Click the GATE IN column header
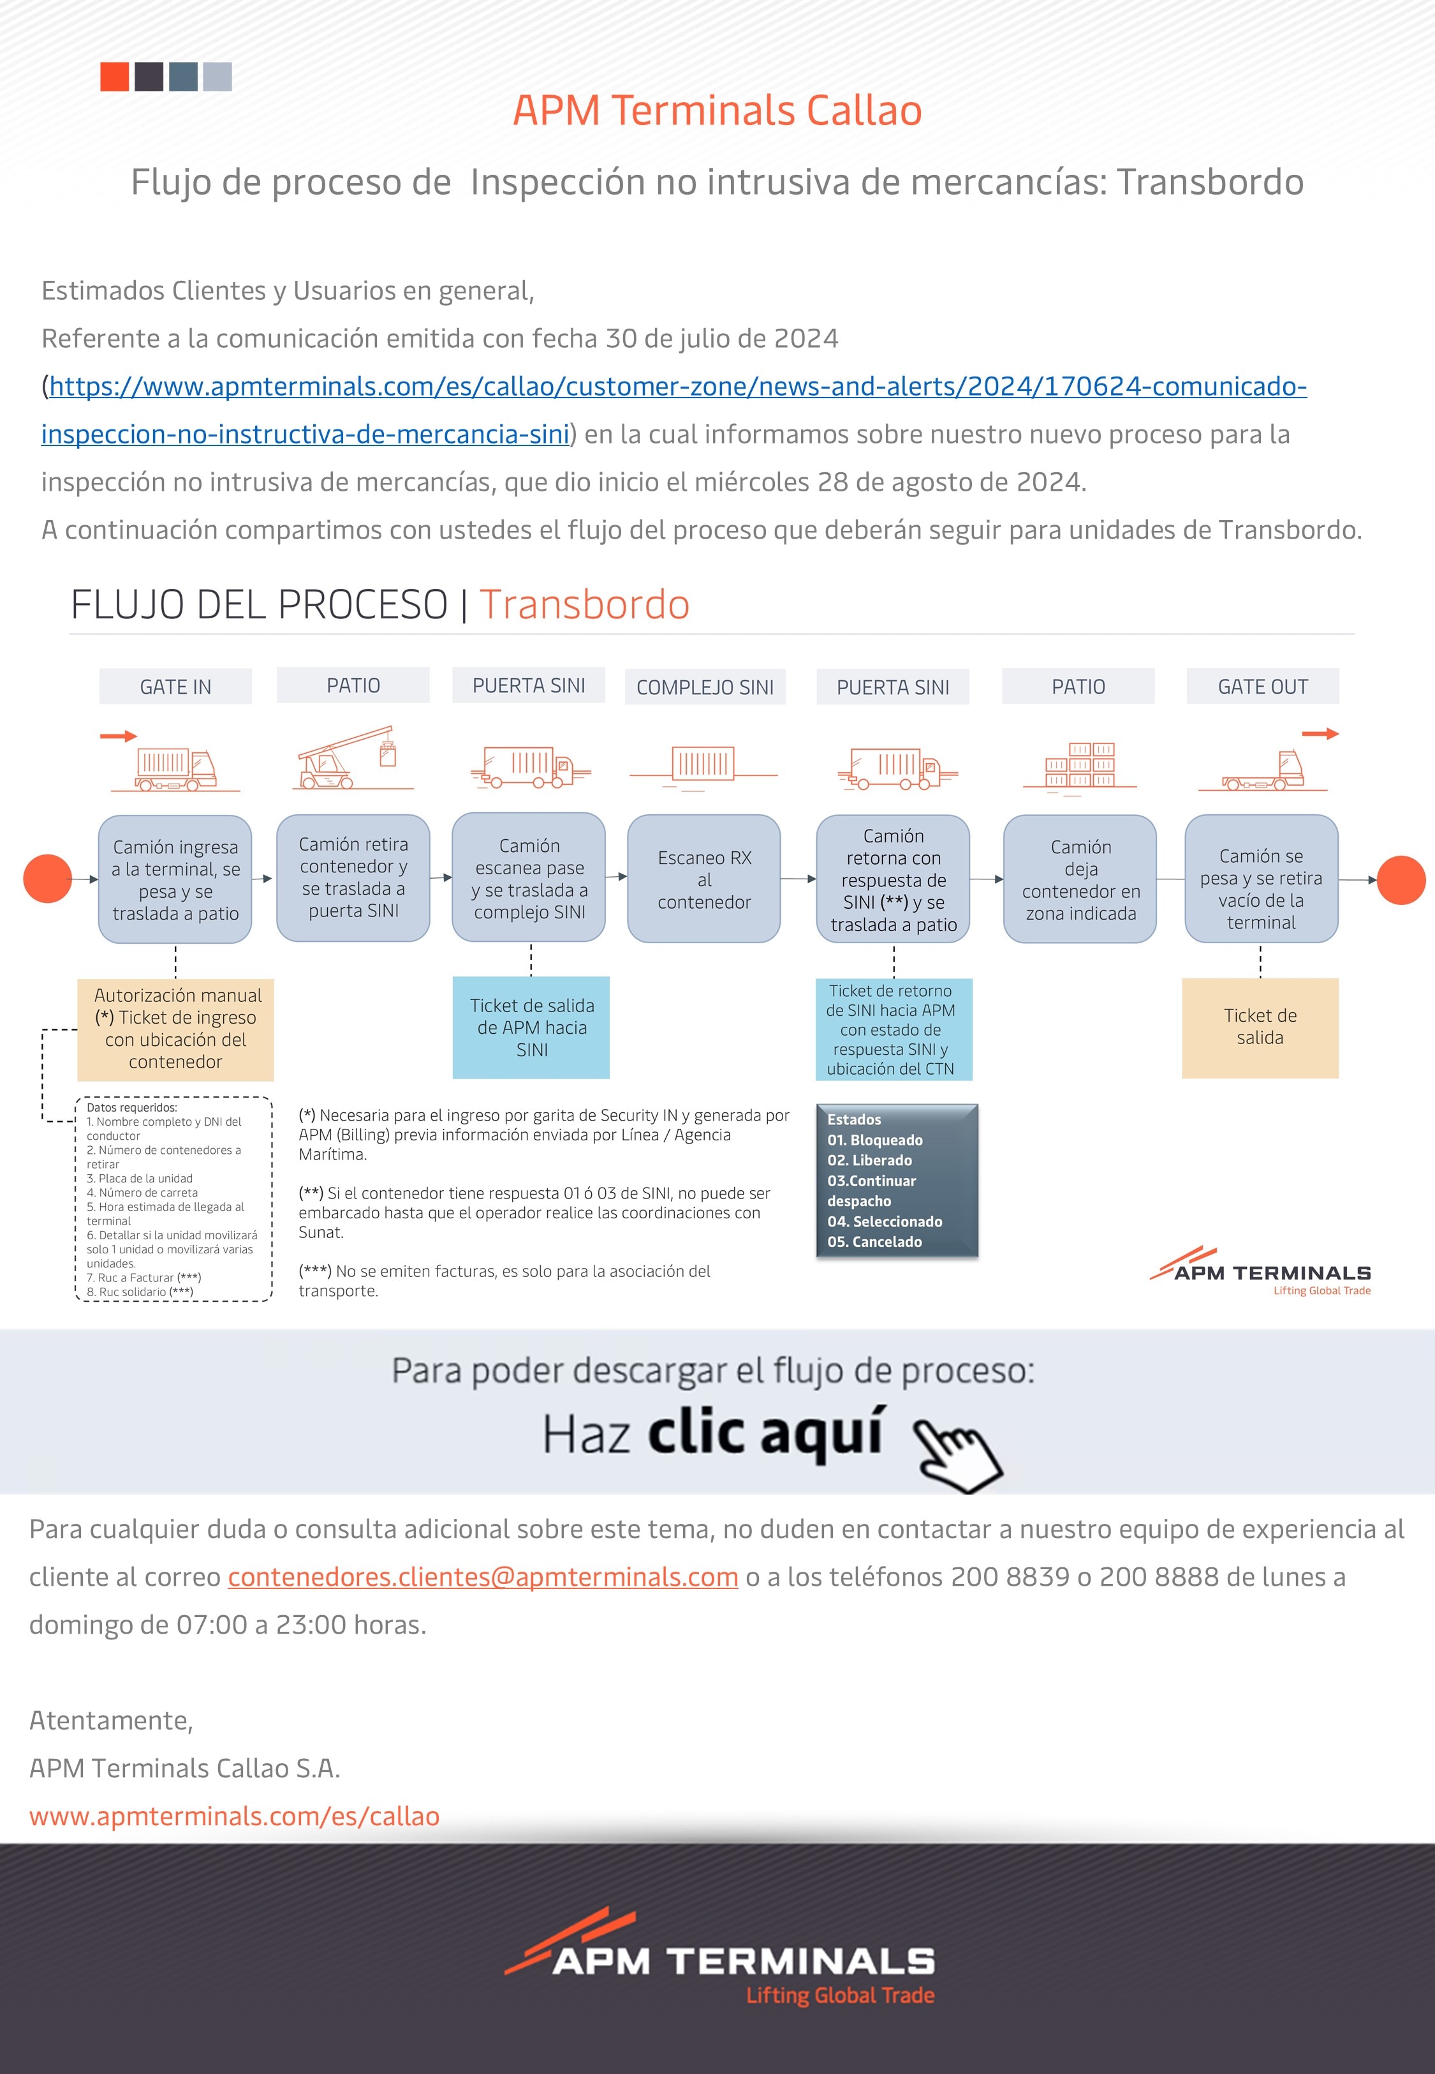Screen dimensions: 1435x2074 tap(175, 686)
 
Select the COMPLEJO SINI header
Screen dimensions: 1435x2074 tap(705, 687)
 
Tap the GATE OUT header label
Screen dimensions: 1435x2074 tap(1262, 686)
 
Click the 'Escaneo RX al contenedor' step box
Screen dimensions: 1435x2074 tap(704, 879)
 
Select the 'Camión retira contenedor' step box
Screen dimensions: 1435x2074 tap(353, 878)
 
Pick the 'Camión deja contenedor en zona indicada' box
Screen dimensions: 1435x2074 tap(1080, 879)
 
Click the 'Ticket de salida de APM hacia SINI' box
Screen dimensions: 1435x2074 tap(531, 1027)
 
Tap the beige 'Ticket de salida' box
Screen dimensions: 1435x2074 tap(1260, 1027)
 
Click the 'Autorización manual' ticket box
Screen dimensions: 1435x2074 tap(175, 1029)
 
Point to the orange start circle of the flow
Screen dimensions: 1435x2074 tap(48, 879)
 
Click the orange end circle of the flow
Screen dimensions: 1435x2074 tap(1401, 879)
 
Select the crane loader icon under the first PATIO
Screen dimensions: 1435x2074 tap(353, 758)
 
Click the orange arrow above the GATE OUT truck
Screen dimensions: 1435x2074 tap(1320, 734)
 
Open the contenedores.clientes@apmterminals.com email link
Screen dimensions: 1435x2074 tap(483, 1577)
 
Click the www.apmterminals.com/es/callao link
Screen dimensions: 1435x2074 tap(235, 1816)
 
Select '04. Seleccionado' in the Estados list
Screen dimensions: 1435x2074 tap(885, 1221)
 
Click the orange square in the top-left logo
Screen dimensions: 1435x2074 tap(114, 77)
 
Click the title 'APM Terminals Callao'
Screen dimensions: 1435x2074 tap(717, 110)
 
